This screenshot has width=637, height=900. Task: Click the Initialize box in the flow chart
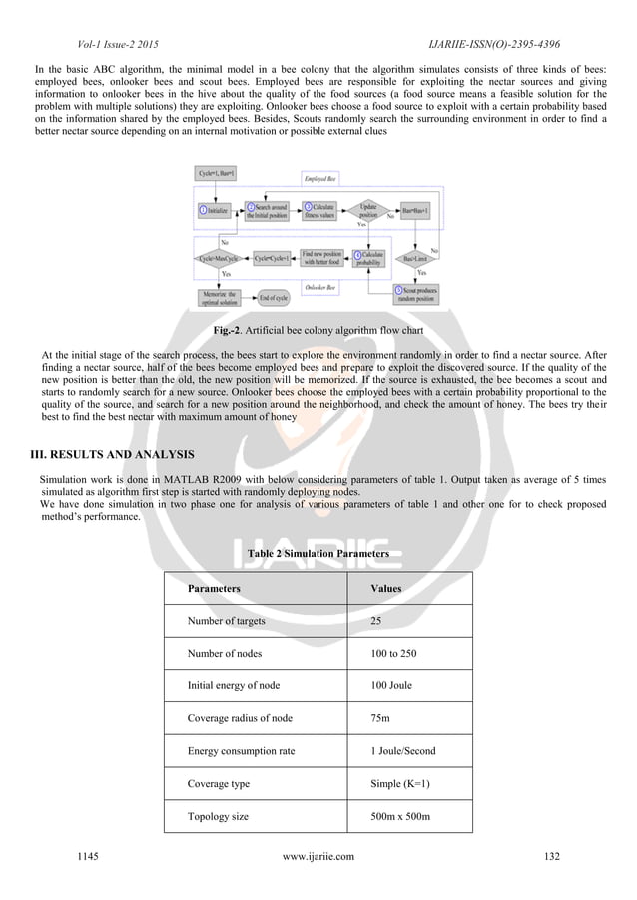click(x=215, y=211)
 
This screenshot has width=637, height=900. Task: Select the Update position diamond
click(x=367, y=211)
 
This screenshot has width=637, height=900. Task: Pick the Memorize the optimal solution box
click(x=217, y=296)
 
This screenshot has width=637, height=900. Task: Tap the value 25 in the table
click(x=376, y=620)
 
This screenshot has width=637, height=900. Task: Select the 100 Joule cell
click(x=390, y=684)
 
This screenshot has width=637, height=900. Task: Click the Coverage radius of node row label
click(x=240, y=717)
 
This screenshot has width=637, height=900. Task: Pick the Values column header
click(x=385, y=588)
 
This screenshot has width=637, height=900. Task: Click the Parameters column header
click(x=214, y=588)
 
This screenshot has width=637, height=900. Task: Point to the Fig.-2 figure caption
click(x=318, y=330)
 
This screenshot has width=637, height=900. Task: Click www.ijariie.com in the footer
click(x=318, y=855)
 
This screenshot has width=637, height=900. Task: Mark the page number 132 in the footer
click(x=551, y=855)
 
